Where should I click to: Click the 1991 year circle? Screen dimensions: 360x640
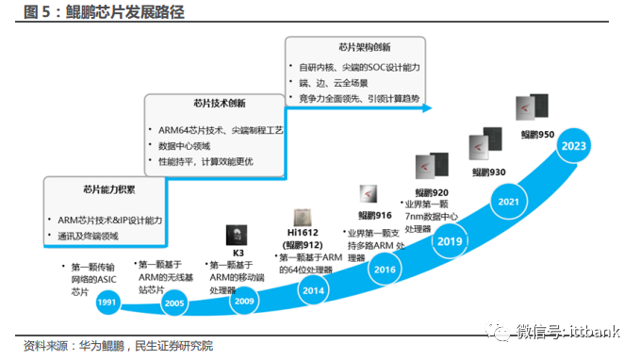pos(107,302)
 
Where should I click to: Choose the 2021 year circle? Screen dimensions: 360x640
pos(509,202)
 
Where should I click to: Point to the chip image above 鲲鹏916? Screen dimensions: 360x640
pos(369,195)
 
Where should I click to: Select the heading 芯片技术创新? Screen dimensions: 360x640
pos(192,103)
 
